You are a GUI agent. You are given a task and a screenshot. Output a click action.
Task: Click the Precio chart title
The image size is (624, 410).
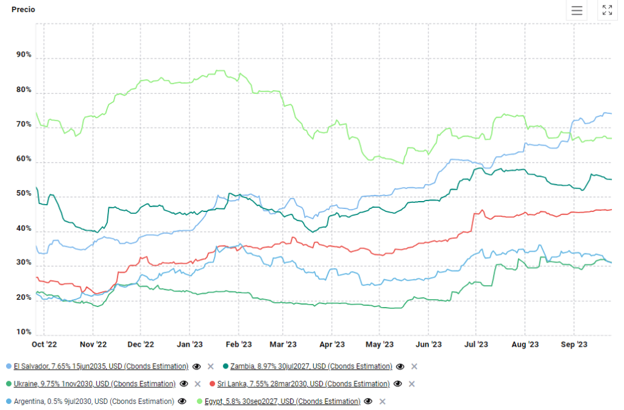[23, 10]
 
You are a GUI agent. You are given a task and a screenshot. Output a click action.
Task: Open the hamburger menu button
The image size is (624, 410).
[576, 10]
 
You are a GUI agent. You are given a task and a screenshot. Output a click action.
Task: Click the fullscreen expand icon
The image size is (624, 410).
[607, 10]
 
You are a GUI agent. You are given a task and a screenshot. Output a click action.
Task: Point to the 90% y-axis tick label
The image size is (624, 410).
[24, 55]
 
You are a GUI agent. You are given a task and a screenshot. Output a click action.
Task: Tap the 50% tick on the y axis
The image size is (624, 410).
[24, 194]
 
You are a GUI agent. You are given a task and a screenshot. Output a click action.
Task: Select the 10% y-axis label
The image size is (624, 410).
[24, 332]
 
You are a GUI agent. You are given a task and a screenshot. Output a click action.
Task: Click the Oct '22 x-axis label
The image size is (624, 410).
[44, 345]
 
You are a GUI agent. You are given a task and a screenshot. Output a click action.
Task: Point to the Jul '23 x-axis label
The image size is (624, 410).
[476, 345]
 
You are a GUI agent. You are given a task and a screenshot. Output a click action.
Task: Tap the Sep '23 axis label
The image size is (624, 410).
[574, 345]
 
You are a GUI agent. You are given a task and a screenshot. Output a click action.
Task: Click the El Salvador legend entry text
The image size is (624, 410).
[101, 367]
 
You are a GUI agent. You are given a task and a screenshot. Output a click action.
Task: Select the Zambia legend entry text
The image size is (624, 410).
[311, 367]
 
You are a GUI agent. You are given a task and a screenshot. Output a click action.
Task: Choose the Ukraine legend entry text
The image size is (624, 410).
[94, 384]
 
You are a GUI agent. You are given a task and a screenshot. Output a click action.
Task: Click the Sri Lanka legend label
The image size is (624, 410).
[303, 384]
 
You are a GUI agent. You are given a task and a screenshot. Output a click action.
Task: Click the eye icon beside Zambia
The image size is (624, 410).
[400, 367]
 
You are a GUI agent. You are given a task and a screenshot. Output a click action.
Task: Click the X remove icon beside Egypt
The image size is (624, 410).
[382, 401]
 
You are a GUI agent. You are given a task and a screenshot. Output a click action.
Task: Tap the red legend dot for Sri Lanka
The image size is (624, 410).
[212, 384]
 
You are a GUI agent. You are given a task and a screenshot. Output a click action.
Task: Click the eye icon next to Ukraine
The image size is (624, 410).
[183, 384]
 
